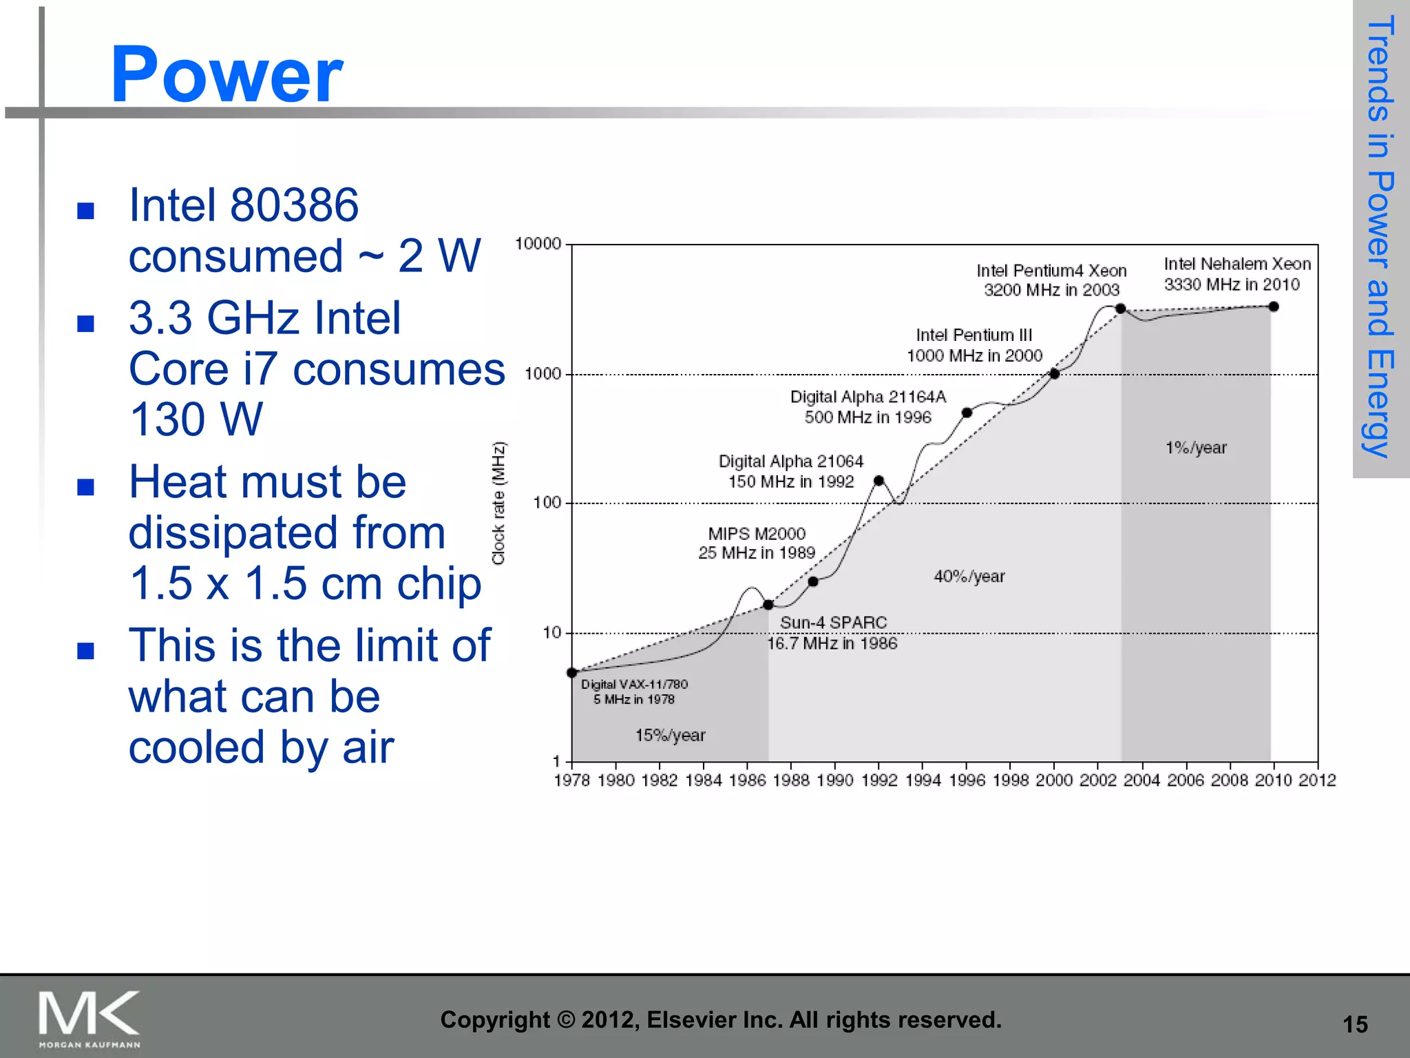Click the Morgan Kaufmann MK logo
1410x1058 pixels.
coord(90,1018)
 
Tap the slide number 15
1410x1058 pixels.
coord(1355,1025)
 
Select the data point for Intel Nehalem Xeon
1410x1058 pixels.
coord(1273,307)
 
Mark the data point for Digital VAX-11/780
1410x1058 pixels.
coord(572,672)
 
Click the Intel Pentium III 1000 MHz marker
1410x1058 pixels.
coord(1054,373)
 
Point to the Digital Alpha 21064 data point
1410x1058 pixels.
coord(878,481)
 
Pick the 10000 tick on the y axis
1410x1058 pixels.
coord(538,244)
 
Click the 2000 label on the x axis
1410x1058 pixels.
coord(1054,780)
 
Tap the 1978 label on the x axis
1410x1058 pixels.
coord(572,780)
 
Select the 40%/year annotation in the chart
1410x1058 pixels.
coord(969,577)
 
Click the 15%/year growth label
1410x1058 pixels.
coord(670,736)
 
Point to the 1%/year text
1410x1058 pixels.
coord(1196,448)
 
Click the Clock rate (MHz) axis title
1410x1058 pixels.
coord(498,503)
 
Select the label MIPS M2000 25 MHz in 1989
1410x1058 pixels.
coord(756,543)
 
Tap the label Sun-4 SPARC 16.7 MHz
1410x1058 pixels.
coord(832,632)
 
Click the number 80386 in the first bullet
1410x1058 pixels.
coord(294,205)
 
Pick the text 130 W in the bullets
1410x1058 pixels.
coord(196,419)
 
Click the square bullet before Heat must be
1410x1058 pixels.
coord(85,487)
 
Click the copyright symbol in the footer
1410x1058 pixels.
coord(565,1020)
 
